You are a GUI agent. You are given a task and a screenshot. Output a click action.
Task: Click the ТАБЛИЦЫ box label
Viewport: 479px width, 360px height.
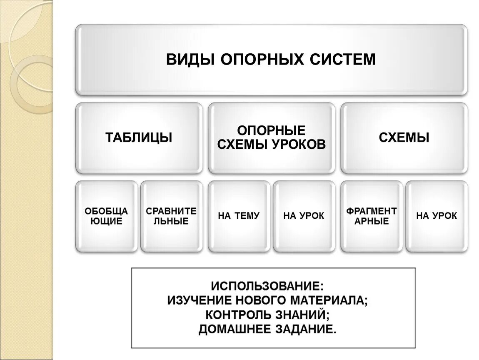pyautogui.click(x=139, y=137)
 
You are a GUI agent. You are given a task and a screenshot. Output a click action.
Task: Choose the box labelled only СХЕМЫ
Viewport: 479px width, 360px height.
pyautogui.click(x=404, y=137)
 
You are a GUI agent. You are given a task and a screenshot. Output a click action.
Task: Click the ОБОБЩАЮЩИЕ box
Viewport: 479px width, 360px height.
pyautogui.click(x=107, y=216)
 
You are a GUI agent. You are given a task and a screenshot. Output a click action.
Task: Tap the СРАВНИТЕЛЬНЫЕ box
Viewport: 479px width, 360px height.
pyautogui.click(x=171, y=216)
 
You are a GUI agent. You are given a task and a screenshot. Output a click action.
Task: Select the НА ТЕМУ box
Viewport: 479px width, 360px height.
pyautogui.click(x=239, y=216)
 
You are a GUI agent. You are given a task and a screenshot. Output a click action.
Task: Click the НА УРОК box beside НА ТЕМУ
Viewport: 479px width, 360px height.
pyautogui.click(x=304, y=216)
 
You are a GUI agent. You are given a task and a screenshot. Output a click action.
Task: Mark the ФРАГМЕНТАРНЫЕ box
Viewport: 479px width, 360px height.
pyautogui.click(x=371, y=216)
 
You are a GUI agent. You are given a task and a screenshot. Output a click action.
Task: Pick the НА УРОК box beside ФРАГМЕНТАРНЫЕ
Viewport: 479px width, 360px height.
pyautogui.click(x=436, y=216)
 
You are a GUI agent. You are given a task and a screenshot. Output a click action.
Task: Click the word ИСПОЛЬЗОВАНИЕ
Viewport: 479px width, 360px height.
pyautogui.click(x=267, y=287)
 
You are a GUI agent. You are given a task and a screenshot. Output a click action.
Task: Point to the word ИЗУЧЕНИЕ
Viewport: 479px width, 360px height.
pyautogui.click(x=200, y=300)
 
